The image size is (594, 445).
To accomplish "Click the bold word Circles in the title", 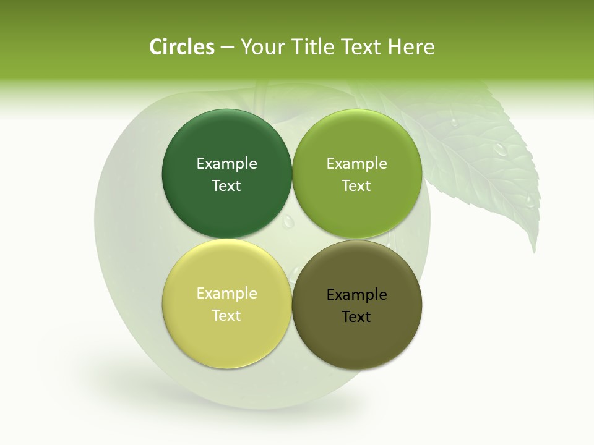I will click(x=182, y=47).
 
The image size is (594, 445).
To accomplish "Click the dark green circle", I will click(x=226, y=210).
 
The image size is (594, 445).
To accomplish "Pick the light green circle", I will click(x=357, y=210).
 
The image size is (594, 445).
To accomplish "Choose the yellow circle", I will click(x=226, y=340).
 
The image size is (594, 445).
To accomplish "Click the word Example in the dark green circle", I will click(x=226, y=164).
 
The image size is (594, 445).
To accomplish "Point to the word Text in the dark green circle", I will click(x=226, y=186).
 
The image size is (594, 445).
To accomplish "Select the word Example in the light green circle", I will click(x=357, y=164).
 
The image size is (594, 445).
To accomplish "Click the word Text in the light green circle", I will click(x=357, y=186).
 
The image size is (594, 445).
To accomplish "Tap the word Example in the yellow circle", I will click(x=226, y=294).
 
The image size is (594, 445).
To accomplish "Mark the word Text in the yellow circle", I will click(x=226, y=316).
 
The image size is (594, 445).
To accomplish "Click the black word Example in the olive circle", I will click(x=357, y=295).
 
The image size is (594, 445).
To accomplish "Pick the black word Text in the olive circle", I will click(x=357, y=317).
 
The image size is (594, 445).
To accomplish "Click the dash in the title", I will click(x=227, y=48).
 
